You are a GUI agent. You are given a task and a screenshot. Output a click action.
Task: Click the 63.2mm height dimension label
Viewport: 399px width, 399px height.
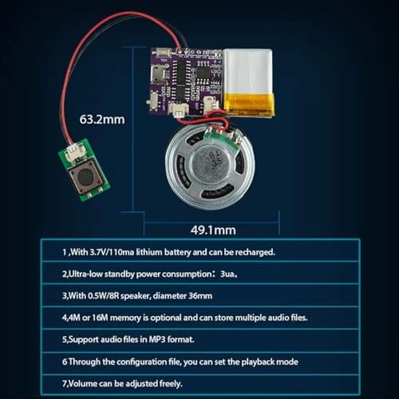[x=102, y=120]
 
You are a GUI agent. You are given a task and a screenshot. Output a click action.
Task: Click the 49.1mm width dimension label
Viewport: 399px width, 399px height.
[x=213, y=231]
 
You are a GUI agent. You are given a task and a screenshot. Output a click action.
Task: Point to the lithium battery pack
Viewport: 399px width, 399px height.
[x=249, y=82]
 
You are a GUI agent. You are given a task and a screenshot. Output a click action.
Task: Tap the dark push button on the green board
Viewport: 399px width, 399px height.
[x=86, y=176]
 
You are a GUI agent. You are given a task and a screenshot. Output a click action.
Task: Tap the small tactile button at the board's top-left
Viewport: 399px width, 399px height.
[x=163, y=53]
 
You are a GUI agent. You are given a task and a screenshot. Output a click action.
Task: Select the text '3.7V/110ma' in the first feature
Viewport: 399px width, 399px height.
[x=112, y=252]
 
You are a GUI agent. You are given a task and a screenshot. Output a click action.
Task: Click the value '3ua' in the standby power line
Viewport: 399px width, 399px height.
[x=227, y=274]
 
